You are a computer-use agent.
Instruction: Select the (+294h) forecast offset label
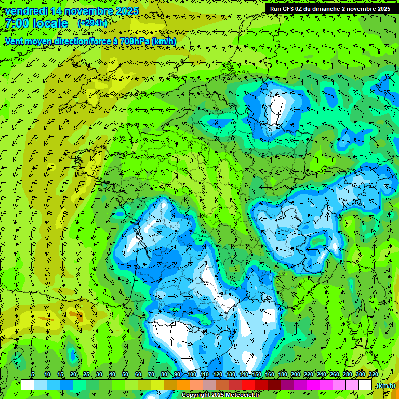click(92, 23)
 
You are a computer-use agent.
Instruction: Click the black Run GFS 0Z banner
click(330, 8)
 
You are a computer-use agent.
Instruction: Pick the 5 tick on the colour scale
click(33, 374)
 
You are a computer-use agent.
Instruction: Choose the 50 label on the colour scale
click(125, 374)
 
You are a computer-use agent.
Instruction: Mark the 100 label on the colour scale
click(191, 374)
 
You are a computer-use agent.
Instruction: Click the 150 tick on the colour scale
click(257, 374)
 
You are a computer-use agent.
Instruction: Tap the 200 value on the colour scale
click(296, 374)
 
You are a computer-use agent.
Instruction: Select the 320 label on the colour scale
click(373, 374)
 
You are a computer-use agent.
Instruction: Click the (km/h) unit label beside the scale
click(385, 385)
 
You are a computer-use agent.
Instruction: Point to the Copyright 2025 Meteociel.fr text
click(220, 395)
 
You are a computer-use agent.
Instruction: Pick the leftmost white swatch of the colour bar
click(28, 385)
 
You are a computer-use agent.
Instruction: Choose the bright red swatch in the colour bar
click(248, 385)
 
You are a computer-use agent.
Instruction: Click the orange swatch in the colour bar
click(183, 385)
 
